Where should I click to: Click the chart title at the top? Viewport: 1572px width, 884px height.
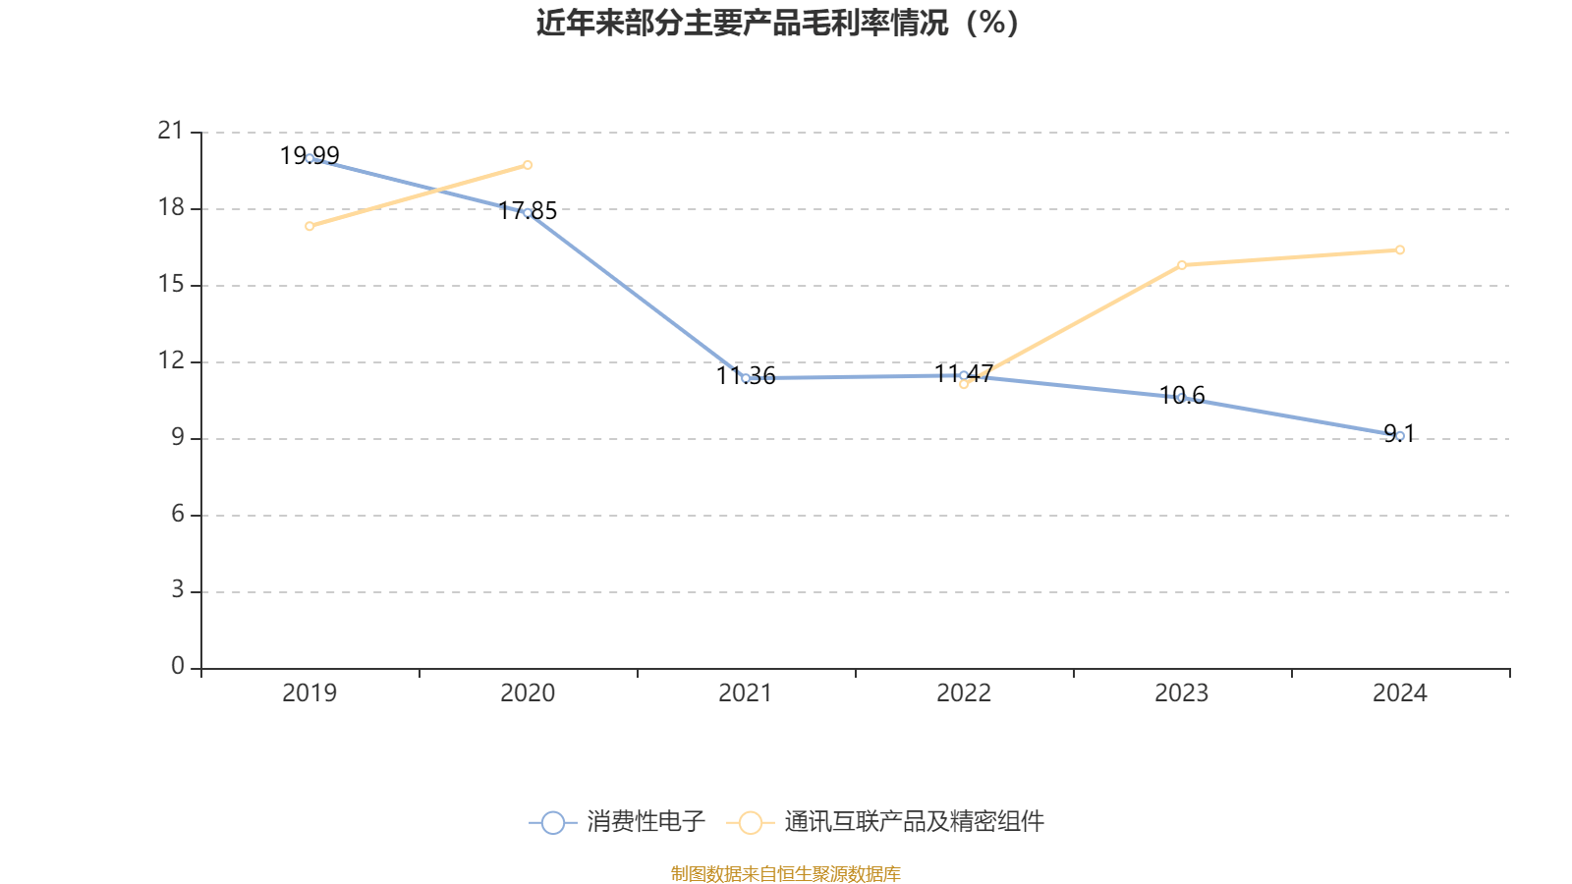(777, 23)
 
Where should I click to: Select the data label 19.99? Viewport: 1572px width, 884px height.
(309, 155)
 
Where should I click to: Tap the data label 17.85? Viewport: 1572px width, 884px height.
(528, 210)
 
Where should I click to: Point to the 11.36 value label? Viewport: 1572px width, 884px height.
(746, 375)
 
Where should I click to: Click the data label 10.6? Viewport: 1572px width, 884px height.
(1182, 395)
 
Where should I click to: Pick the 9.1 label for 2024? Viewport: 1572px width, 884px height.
(1399, 433)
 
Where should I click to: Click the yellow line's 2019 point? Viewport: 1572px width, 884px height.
(309, 226)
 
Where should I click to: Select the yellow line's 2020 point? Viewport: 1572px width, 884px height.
(528, 165)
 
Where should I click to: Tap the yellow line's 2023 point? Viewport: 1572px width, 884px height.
(1182, 264)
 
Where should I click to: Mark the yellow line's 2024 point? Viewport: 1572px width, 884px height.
(1400, 249)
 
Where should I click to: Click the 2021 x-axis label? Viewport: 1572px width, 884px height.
(746, 693)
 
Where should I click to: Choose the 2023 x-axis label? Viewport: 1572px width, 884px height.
(1182, 693)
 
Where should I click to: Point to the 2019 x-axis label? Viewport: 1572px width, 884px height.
(309, 693)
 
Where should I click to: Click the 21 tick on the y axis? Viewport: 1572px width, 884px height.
(171, 131)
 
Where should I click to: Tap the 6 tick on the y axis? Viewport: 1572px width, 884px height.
(178, 514)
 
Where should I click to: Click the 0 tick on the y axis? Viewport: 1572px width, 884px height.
(178, 667)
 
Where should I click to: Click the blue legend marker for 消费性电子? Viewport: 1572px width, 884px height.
(553, 822)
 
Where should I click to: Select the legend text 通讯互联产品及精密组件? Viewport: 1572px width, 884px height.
(914, 822)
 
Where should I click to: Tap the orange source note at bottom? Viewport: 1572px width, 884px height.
(785, 873)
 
